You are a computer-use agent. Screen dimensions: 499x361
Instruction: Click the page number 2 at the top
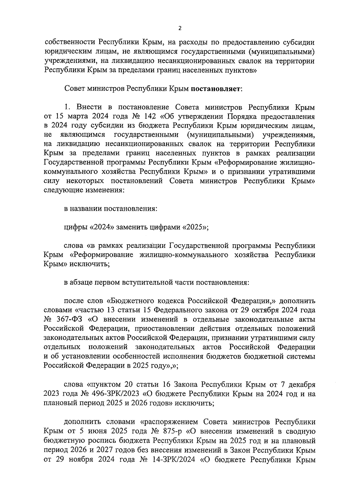[x=180, y=28]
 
